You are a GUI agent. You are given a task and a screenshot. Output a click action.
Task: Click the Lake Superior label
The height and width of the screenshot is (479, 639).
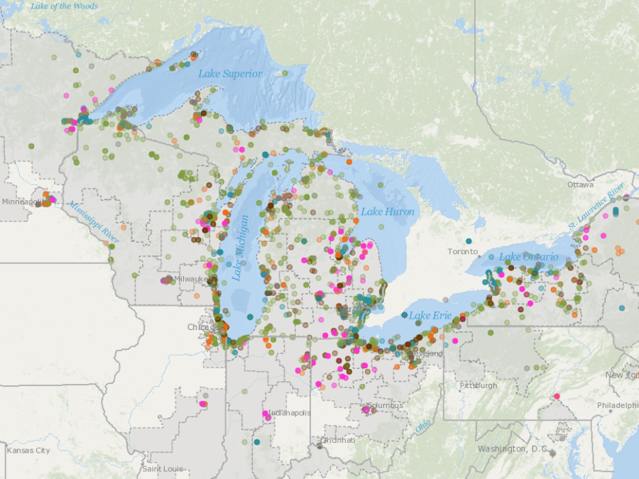point(230,74)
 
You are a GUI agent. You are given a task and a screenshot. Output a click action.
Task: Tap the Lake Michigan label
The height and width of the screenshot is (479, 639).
point(241,248)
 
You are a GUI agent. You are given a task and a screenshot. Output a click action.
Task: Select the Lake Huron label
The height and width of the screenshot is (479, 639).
point(387,211)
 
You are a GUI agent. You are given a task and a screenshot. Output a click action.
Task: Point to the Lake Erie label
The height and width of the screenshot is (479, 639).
point(430,315)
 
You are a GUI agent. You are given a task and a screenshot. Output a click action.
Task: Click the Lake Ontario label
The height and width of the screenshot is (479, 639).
point(528,256)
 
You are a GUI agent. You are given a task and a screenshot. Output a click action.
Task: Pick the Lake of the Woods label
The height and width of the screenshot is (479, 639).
point(64,6)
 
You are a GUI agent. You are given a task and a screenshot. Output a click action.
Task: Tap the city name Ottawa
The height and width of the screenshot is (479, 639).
point(580,185)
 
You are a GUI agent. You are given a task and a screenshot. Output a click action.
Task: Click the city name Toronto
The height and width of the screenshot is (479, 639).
point(463,252)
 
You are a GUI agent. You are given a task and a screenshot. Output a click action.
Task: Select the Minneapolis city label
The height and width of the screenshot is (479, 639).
point(21,202)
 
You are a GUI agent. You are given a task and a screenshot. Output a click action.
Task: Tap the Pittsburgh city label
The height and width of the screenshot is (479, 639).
point(478,385)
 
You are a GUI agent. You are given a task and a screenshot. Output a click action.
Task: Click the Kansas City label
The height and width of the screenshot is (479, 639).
point(28,451)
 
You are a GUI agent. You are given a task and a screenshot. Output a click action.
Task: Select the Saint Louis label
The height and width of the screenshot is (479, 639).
point(163,468)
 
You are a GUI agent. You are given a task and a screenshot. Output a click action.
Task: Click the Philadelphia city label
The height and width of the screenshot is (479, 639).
point(617,405)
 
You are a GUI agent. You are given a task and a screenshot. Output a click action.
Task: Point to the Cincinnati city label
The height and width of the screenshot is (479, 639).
point(337,440)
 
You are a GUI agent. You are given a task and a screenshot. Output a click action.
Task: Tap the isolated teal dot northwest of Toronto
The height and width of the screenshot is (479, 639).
point(469,241)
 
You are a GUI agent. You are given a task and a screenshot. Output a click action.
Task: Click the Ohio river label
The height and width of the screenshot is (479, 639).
point(423,426)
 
